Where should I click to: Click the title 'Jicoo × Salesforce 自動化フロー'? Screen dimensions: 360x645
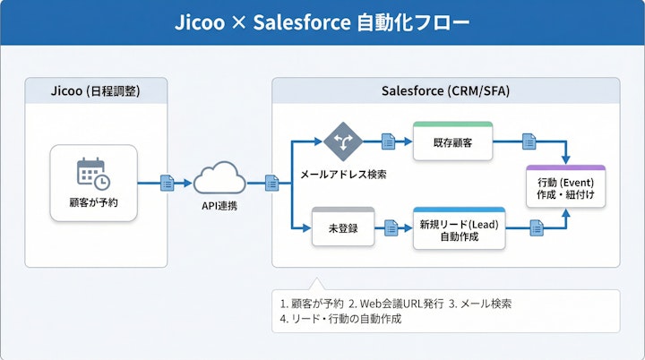pos(322,22)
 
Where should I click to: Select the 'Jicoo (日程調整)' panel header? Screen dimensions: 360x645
pos(96,90)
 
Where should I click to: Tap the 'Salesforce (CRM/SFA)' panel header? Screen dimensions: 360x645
pos(445,90)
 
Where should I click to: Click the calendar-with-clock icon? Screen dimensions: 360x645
pos(93,173)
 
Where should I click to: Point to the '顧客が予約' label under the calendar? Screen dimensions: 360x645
pos(93,201)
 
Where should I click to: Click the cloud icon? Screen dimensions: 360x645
pos(219,178)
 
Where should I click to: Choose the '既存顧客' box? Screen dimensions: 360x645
pos(452,141)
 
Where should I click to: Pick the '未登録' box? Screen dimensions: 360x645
pos(342,227)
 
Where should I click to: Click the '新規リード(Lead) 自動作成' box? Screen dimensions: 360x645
pos(458,229)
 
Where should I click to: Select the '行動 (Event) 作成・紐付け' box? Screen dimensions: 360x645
pos(566,188)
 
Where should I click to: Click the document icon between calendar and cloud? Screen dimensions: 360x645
pos(167,183)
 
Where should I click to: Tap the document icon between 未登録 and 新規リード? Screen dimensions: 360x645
pos(391,228)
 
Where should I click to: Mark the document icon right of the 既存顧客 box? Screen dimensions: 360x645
pos(529,141)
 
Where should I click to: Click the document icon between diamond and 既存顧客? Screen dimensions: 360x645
pos(388,141)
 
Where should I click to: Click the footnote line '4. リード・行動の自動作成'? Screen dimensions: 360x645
pos(341,319)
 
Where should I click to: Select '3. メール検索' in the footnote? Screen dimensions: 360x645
pos(481,303)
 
